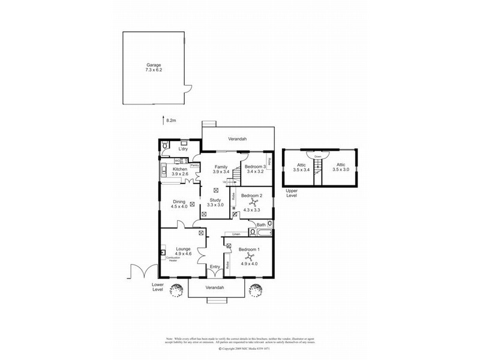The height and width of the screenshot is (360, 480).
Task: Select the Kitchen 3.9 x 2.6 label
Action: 181,172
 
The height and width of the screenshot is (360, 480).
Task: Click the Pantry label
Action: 194,165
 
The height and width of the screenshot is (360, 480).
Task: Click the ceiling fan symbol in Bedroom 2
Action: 253,203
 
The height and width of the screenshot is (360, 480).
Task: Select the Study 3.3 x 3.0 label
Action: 215,203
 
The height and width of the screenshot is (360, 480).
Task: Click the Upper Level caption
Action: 293,193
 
